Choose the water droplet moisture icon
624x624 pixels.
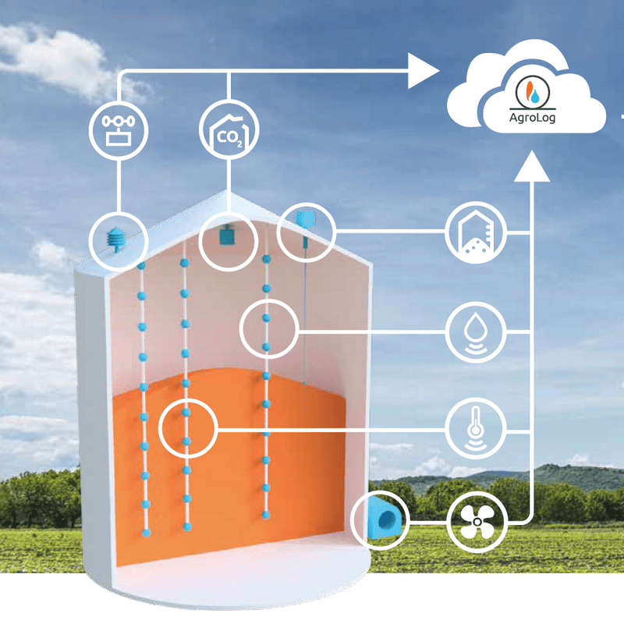tap(476, 332)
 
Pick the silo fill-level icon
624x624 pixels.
tap(476, 232)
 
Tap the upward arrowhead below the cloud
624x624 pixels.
tap(533, 166)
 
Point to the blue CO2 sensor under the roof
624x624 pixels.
tap(228, 234)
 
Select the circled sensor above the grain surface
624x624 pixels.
tap(266, 328)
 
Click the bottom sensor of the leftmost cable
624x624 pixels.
tap(145, 533)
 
